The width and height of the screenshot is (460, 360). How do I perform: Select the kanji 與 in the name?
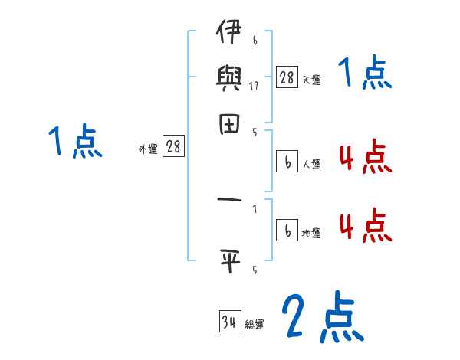coord(229,77)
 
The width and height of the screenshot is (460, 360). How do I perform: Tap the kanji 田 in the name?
coord(229,124)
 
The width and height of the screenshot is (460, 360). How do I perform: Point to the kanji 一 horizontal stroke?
coord(229,200)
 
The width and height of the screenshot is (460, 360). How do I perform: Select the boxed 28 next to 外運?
coord(173,146)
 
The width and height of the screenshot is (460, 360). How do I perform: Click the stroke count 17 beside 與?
coord(254,85)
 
